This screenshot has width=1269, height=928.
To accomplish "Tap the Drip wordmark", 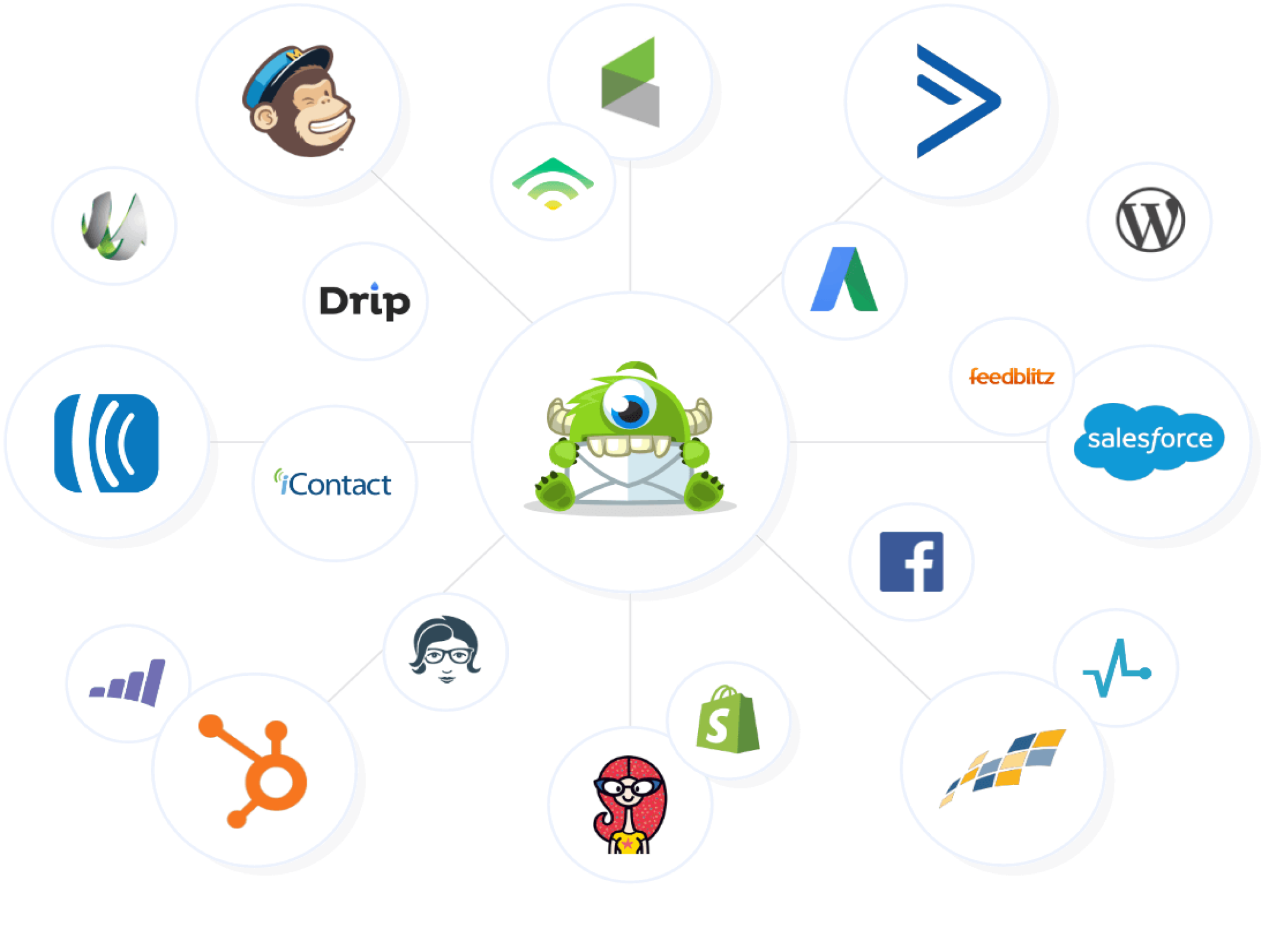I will (365, 301).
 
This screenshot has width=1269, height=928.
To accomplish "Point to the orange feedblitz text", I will (1012, 377).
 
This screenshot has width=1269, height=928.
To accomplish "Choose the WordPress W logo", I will (1150, 220).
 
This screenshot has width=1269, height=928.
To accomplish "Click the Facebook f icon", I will (911, 561).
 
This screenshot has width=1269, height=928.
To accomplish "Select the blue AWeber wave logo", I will (107, 443).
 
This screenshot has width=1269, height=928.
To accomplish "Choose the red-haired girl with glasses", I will (629, 804).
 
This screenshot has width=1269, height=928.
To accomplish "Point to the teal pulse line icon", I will (1116, 669).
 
